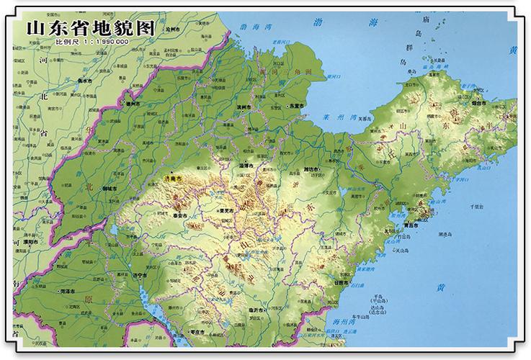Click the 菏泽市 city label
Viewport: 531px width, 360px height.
(70, 291)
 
